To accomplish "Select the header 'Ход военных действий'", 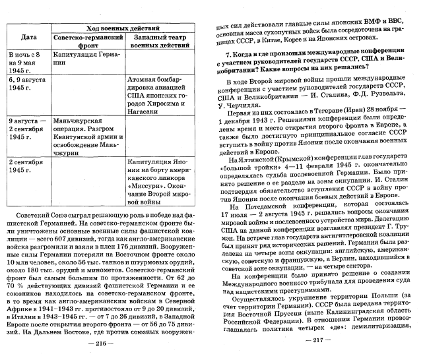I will tap(123, 28).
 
